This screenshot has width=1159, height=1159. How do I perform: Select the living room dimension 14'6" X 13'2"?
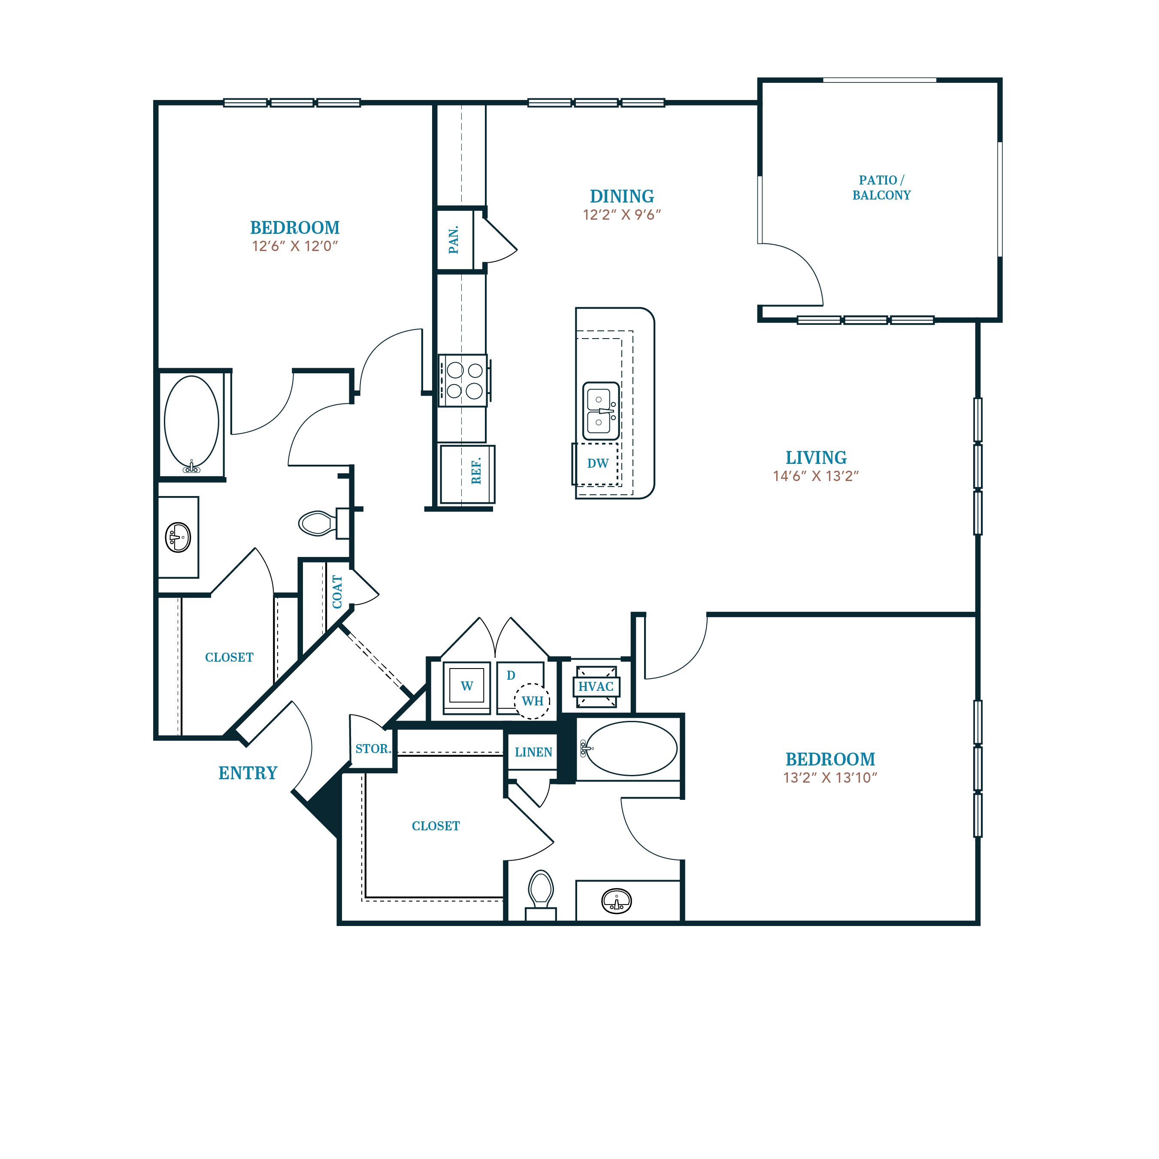click(816, 476)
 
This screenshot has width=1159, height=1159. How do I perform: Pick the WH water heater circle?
click(532, 701)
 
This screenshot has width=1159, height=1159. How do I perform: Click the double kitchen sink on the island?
click(600, 411)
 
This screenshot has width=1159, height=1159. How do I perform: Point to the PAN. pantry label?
click(454, 240)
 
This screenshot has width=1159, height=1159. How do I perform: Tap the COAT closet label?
click(337, 592)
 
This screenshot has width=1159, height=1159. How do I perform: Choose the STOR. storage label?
click(372, 749)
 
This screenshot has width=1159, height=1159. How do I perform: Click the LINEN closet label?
click(533, 752)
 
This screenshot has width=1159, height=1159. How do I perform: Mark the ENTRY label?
click(248, 773)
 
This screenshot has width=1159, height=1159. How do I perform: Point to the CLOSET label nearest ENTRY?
click(229, 657)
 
